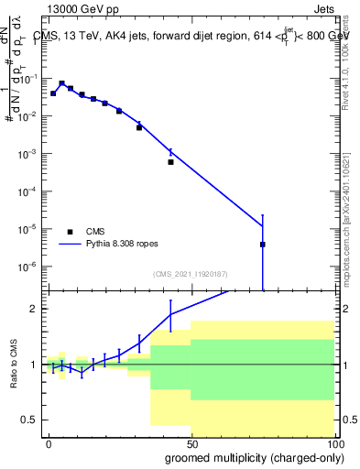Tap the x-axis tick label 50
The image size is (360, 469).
tap(191, 442)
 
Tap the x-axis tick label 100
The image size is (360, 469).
tap(333, 442)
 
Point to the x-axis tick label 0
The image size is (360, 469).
tap(49, 442)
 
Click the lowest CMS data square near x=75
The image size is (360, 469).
tap(263, 245)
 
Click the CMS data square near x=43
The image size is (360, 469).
tap(170, 162)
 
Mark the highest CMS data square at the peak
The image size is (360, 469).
tap(61, 83)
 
